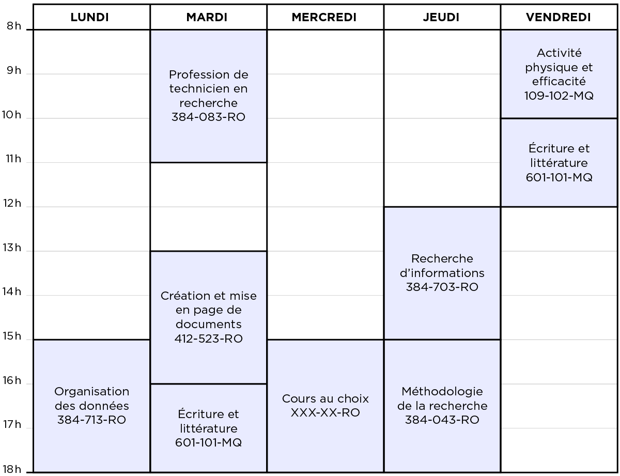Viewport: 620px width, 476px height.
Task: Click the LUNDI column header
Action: tap(89, 18)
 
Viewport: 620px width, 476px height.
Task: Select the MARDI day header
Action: tap(207, 18)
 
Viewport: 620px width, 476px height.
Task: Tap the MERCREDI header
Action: tap(324, 18)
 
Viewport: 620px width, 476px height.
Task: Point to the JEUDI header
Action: tap(441, 18)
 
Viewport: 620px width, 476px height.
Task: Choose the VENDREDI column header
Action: tap(559, 18)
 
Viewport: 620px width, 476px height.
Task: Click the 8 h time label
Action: tap(14, 26)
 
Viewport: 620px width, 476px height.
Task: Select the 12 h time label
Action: tap(12, 203)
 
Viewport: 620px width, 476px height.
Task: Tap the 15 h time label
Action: tap(12, 336)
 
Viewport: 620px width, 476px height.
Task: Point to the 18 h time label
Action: tap(12, 469)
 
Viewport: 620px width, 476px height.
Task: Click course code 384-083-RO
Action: tap(208, 117)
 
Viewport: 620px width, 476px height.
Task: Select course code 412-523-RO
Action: tap(209, 339)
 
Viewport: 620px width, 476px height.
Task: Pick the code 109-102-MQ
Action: tap(559, 96)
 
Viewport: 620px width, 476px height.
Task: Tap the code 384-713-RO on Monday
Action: tap(91, 420)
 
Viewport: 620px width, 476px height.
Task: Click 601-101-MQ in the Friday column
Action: tap(559, 177)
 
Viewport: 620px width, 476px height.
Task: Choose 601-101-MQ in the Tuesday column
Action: tap(209, 442)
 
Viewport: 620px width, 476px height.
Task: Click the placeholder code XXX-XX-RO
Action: tap(326, 412)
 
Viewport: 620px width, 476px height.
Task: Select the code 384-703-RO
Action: tap(442, 287)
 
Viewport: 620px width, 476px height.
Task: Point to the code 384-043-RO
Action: tap(442, 420)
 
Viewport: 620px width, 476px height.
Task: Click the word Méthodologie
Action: tap(442, 392)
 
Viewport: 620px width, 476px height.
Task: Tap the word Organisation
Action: tap(91, 392)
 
